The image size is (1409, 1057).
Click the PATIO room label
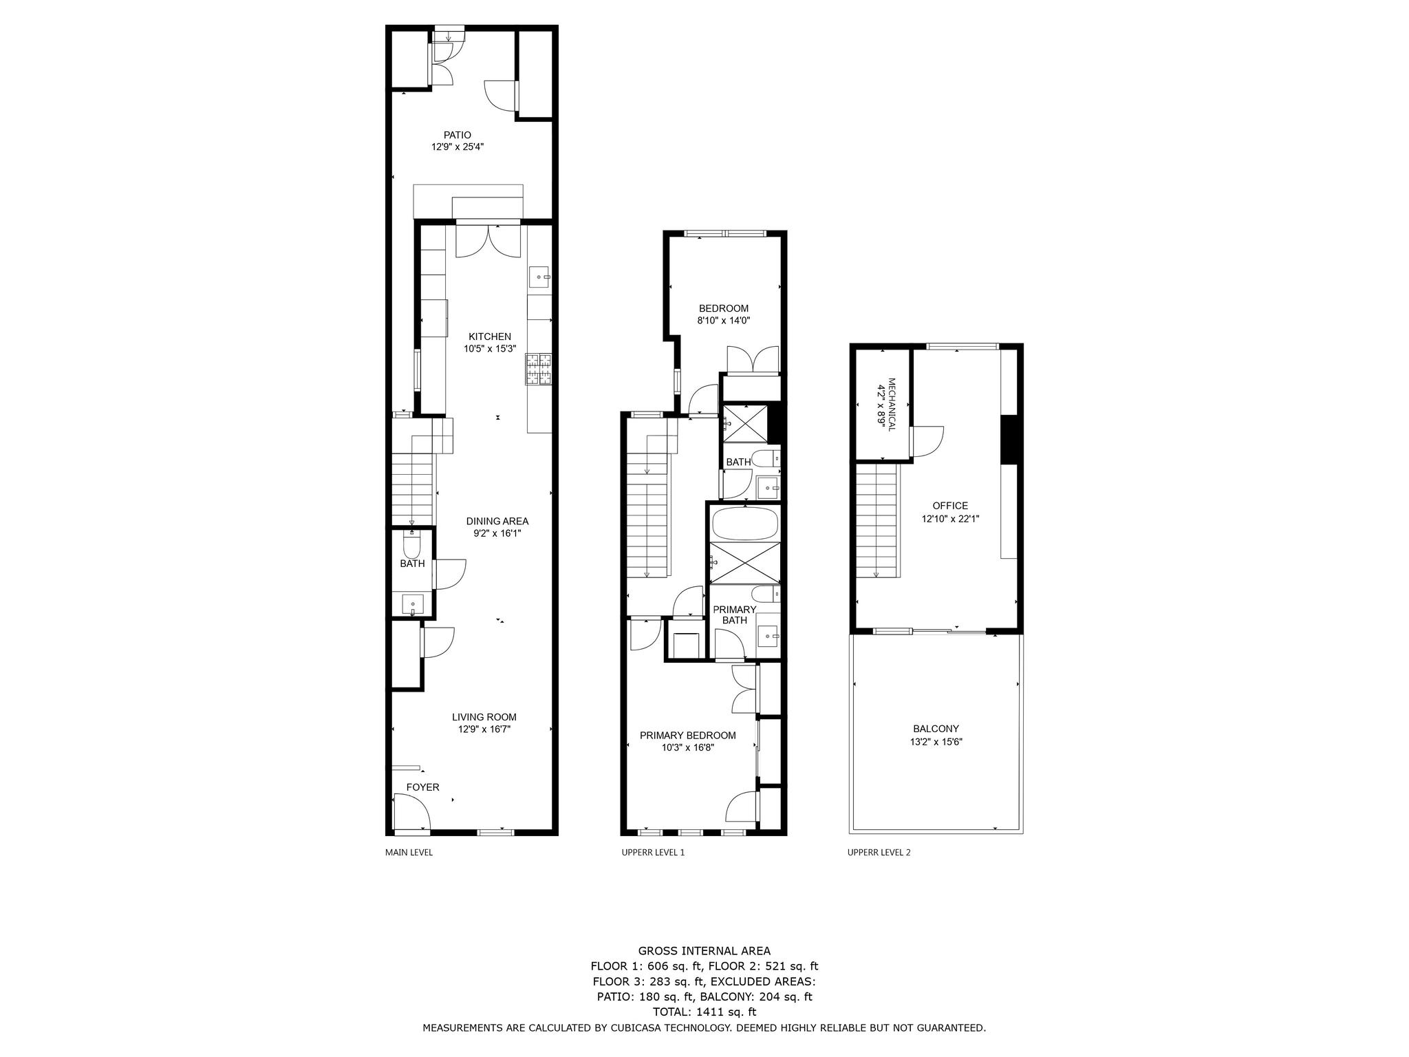[457, 135]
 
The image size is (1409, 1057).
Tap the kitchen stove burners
[539, 368]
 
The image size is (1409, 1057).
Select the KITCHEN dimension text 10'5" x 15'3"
[489, 348]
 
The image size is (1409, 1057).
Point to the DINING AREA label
[497, 521]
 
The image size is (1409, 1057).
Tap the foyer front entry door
[411, 812]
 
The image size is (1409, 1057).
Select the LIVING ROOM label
[484, 717]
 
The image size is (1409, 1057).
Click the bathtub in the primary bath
[745, 523]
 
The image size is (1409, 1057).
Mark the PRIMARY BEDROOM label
[687, 735]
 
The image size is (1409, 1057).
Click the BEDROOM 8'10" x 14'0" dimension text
[723, 320]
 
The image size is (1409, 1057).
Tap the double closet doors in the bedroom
[753, 360]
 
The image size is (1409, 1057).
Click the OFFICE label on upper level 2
[950, 506]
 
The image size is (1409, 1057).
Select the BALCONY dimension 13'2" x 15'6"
[936, 742]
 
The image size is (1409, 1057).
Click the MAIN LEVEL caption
[409, 853]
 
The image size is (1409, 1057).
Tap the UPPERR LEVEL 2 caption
[879, 853]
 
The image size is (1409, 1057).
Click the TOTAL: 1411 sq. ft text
[704, 1012]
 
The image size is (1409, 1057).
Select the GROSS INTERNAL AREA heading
[704, 951]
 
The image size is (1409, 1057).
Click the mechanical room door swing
[927, 442]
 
